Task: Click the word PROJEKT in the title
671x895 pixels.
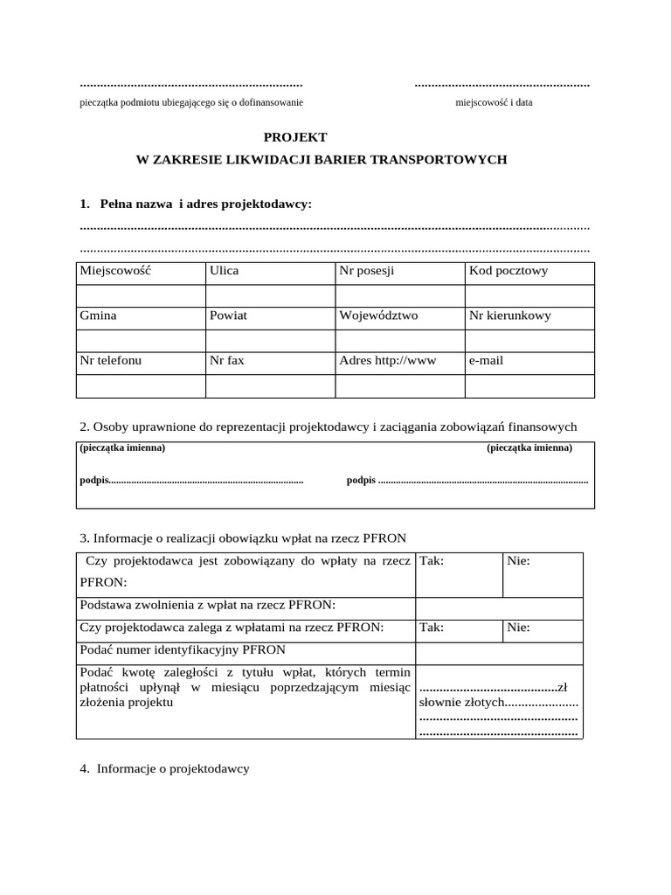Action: coord(295,137)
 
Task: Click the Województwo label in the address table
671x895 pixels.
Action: coord(377,316)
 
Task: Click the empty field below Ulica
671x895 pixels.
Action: coord(269,295)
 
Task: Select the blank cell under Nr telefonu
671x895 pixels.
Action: coord(141,385)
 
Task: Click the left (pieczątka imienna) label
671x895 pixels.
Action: coord(122,447)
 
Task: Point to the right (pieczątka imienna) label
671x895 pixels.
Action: coord(529,447)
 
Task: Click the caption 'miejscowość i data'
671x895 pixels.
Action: coord(494,102)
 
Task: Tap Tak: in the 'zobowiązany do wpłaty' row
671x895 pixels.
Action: coord(432,561)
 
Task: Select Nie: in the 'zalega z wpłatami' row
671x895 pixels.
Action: coord(518,628)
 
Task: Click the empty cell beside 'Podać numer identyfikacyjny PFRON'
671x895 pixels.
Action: coord(498,653)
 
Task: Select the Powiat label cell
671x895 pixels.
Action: coord(229,316)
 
